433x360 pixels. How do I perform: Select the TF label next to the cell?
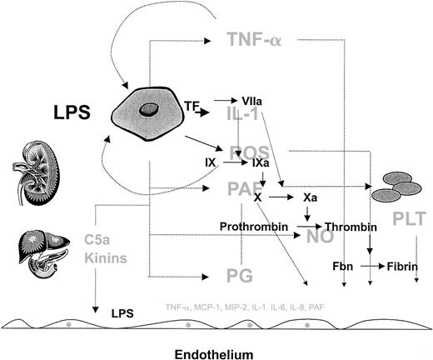[x=192, y=106]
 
